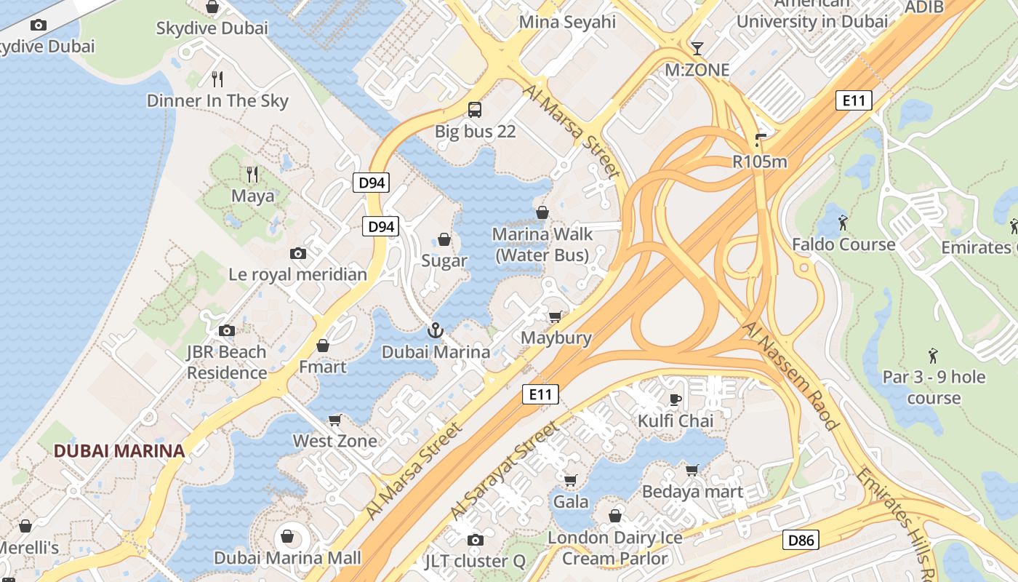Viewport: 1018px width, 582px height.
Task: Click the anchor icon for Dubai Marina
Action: [435, 330]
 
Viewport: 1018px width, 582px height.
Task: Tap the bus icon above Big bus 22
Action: [475, 110]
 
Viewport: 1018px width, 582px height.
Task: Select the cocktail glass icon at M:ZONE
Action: [697, 49]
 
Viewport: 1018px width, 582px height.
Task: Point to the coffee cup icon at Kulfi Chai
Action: [676, 399]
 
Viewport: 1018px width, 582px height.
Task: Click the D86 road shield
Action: [801, 540]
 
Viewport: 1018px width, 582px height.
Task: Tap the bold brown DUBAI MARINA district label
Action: [119, 450]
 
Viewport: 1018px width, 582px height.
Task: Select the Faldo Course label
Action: [843, 244]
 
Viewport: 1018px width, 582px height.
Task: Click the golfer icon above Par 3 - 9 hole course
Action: [934, 356]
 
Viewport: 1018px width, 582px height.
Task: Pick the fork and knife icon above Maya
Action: [252, 174]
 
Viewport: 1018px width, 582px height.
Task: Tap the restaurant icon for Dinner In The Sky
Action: [217, 79]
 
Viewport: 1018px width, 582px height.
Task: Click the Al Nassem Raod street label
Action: [791, 375]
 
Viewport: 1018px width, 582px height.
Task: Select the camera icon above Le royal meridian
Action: [297, 253]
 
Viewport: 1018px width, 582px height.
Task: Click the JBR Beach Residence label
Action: [227, 362]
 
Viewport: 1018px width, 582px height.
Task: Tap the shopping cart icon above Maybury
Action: [556, 316]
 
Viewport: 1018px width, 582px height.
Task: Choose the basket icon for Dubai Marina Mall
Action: [288, 537]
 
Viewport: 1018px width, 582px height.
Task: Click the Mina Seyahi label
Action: [567, 22]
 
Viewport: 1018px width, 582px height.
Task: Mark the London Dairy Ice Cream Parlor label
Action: [615, 548]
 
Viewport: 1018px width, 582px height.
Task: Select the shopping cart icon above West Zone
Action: [335, 420]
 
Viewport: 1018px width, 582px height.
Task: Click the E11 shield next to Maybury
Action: [540, 395]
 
